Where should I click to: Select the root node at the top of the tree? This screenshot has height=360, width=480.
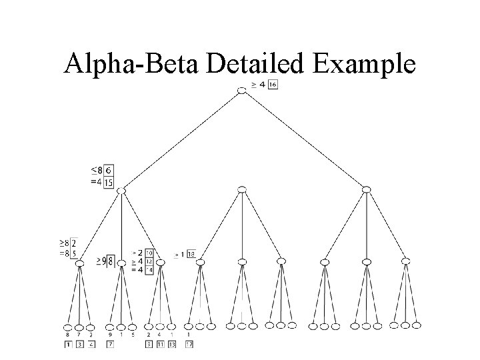point(241,90)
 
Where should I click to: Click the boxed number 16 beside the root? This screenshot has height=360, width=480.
point(273,85)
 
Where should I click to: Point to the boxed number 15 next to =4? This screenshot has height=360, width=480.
point(109,183)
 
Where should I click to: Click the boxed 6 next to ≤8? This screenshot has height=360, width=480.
point(109,171)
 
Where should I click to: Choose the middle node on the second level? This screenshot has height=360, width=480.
point(241,191)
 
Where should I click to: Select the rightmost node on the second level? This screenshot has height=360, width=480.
point(365,191)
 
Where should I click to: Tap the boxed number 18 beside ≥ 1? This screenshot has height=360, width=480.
point(191,254)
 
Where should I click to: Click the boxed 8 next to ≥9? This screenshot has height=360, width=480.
point(110,261)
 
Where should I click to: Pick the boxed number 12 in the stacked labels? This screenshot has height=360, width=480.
point(149,261)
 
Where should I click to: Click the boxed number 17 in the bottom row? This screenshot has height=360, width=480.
point(189,344)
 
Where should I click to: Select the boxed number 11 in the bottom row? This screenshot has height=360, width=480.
point(160,344)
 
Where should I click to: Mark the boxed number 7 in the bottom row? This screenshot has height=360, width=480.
point(109,344)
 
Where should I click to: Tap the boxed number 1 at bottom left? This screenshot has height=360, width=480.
point(67,344)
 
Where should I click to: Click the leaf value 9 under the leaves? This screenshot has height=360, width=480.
point(110,335)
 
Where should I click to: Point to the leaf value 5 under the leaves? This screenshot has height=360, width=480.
point(132,335)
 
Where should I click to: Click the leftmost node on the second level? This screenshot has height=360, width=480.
point(121,191)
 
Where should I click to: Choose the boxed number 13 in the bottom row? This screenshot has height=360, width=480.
point(171,344)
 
